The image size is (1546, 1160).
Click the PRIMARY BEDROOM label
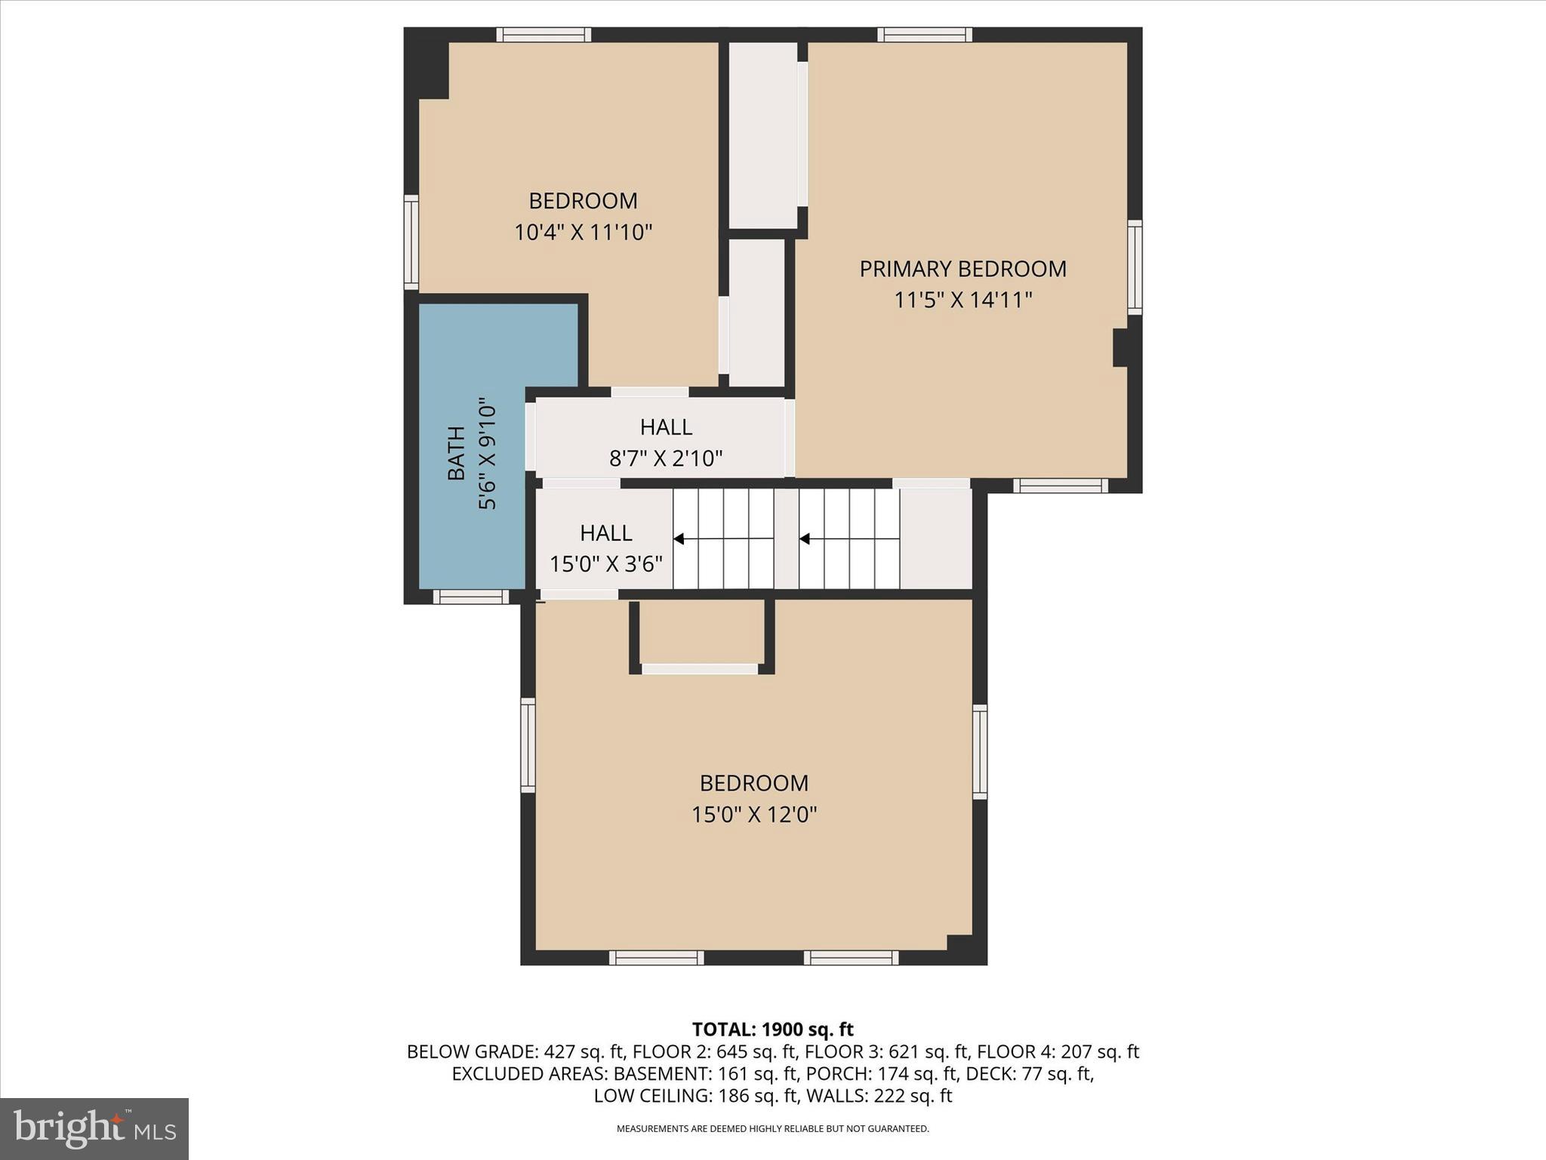[x=962, y=269]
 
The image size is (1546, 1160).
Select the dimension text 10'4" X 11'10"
[x=583, y=232]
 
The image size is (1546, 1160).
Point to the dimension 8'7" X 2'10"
[x=666, y=458]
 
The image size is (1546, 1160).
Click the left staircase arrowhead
[x=679, y=539]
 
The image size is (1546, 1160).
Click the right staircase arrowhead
[x=805, y=539]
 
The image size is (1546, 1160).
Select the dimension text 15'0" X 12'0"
[x=754, y=814]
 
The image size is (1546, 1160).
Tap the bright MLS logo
[x=94, y=1128]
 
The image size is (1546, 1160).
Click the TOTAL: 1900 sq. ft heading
[x=772, y=1029]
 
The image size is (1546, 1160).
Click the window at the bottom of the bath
[x=470, y=597]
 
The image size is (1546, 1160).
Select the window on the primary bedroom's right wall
[x=1134, y=267]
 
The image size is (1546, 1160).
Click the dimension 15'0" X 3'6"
[x=605, y=564]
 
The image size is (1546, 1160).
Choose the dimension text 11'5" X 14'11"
[x=962, y=301]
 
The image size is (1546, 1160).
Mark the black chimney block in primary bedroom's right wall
[x=1121, y=347]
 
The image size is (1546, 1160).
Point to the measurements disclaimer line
[x=772, y=1128]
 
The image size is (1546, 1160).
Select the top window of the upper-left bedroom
[x=544, y=35]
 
